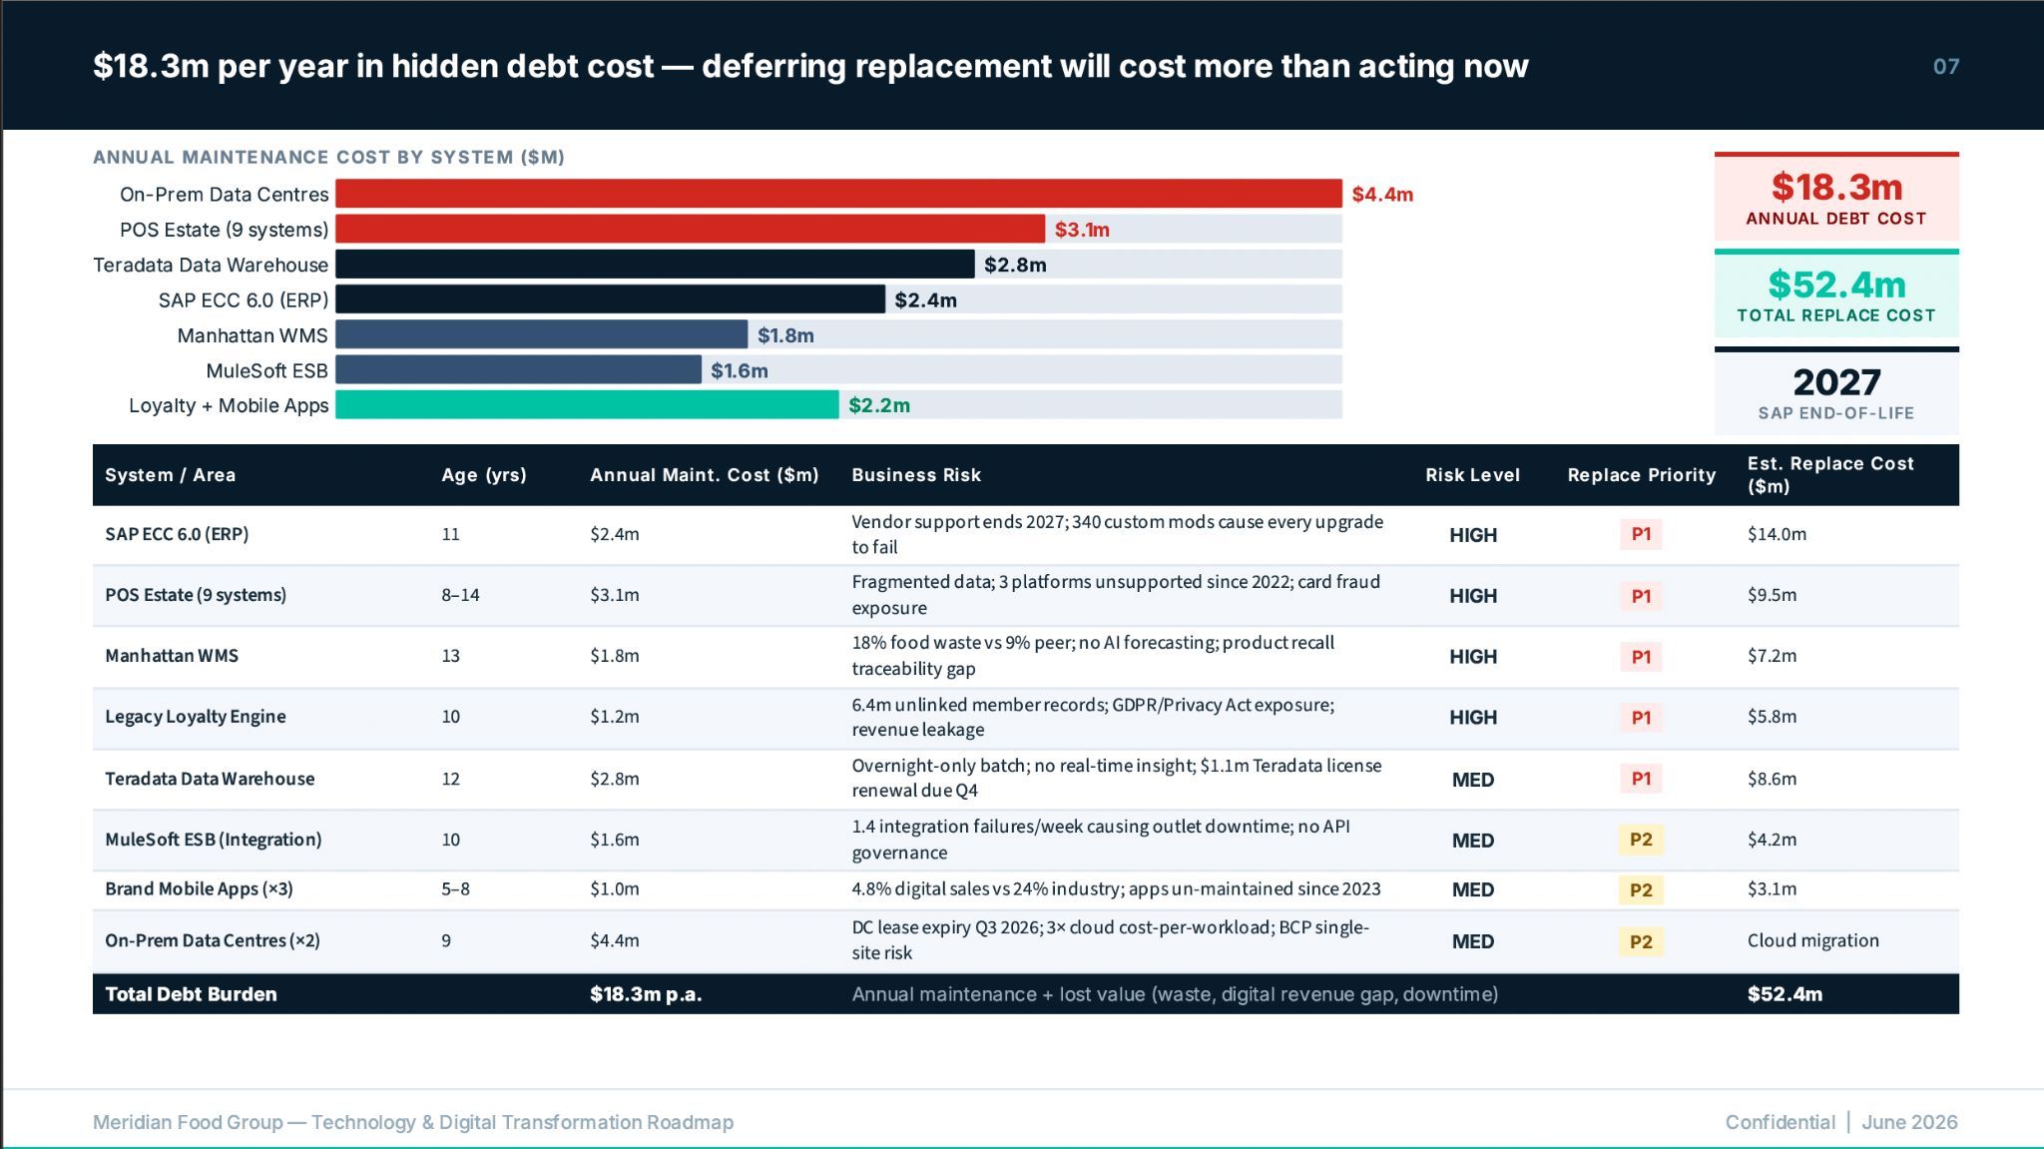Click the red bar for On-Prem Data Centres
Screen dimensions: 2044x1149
(x=838, y=194)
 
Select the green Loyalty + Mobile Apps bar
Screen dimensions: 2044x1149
(x=587, y=404)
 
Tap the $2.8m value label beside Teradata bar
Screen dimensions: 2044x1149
(x=1015, y=265)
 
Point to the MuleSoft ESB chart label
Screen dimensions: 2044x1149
(x=266, y=370)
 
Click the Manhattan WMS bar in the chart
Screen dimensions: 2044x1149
(x=541, y=334)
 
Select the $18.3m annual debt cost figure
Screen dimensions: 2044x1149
(x=1836, y=187)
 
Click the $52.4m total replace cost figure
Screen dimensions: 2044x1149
(x=1836, y=285)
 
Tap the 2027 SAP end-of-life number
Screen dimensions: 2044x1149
(x=1836, y=382)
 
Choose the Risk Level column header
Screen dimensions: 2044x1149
(x=1472, y=475)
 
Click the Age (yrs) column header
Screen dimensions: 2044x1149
(x=484, y=475)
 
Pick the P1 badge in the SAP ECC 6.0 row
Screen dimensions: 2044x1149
(x=1641, y=534)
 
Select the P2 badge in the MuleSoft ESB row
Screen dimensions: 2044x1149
(x=1641, y=840)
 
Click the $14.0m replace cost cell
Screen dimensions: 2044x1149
(x=1777, y=534)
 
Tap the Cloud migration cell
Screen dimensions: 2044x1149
(x=1812, y=940)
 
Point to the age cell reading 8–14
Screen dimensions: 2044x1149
(x=460, y=595)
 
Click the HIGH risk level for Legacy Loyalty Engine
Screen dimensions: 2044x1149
(x=1473, y=717)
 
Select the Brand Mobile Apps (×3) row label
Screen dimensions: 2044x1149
(x=199, y=888)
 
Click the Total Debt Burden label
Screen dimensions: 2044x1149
(x=191, y=994)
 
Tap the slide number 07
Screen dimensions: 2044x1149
(x=1946, y=67)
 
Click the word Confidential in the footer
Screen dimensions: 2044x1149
(x=1780, y=1122)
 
